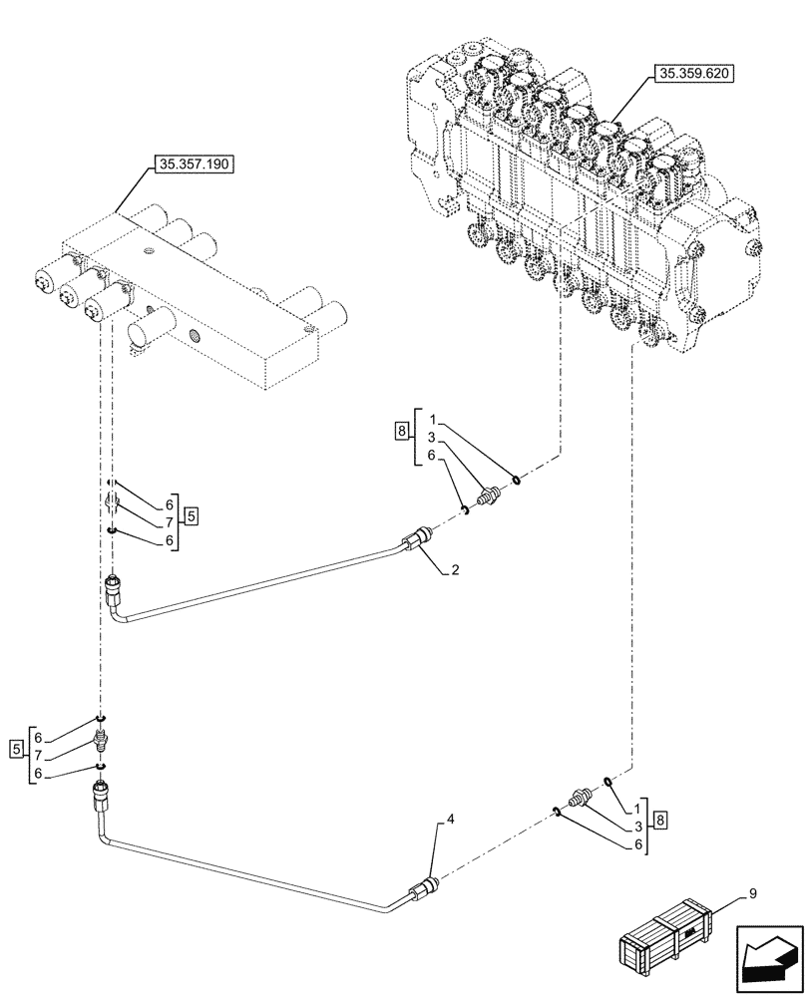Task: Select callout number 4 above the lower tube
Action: pyautogui.click(x=451, y=820)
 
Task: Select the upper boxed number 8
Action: pyautogui.click(x=401, y=432)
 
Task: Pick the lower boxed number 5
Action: pyautogui.click(x=15, y=748)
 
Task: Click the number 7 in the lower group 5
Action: pyautogui.click(x=38, y=756)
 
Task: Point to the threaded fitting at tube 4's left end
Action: pyautogui.click(x=101, y=795)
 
